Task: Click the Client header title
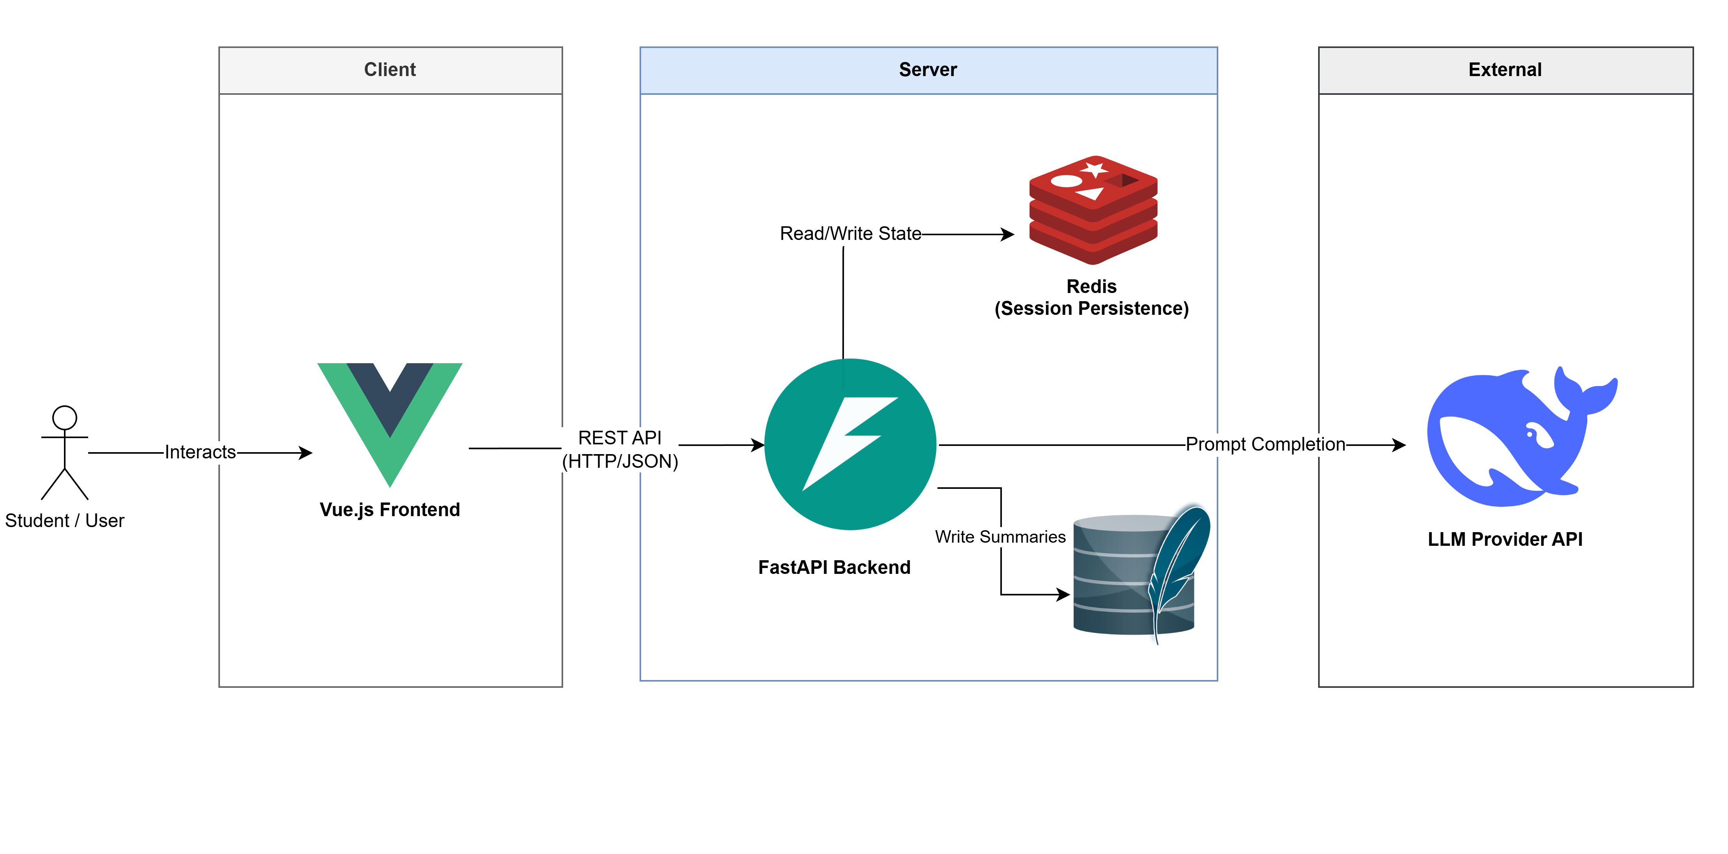coord(390,70)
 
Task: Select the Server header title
coord(928,70)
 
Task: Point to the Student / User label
coord(64,520)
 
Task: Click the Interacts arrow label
coord(200,452)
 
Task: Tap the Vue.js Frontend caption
coord(390,510)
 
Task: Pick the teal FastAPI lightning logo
coord(850,444)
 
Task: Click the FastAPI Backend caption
coord(834,568)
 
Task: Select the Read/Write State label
coord(850,233)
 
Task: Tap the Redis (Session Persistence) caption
coord(1092,297)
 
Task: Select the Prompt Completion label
coord(1265,444)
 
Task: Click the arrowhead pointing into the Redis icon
coord(1008,234)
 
